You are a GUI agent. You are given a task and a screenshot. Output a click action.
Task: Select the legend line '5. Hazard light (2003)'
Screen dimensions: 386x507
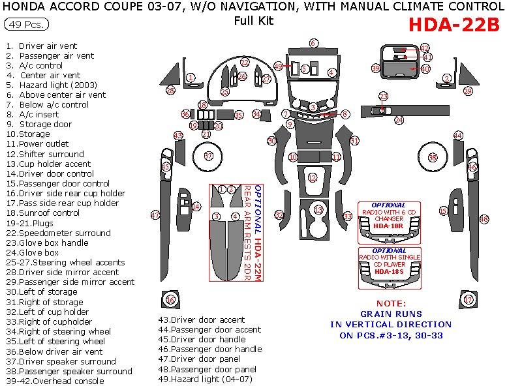[52, 85]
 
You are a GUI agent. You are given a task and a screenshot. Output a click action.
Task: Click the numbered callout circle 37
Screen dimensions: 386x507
[208, 156]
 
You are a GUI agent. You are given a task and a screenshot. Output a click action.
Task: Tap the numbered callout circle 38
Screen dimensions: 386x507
[432, 157]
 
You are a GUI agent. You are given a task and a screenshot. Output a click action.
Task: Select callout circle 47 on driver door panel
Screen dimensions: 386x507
[155, 215]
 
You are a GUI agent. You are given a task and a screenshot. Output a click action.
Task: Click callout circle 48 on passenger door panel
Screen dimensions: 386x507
[484, 219]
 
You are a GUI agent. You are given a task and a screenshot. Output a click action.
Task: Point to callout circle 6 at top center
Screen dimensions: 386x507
[313, 43]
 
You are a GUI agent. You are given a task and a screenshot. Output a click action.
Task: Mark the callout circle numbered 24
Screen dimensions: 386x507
[399, 120]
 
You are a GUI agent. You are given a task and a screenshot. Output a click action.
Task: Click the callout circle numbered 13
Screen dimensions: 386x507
[318, 209]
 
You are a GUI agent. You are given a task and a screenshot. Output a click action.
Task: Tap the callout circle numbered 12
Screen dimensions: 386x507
[313, 177]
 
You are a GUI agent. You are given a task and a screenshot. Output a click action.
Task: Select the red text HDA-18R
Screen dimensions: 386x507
[388, 226]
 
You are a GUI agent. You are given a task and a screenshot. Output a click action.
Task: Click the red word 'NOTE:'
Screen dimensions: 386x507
[391, 303]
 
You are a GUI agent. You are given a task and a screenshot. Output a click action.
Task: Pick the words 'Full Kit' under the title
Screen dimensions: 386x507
[254, 20]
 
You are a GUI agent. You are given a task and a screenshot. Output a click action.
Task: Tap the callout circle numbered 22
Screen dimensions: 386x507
[245, 63]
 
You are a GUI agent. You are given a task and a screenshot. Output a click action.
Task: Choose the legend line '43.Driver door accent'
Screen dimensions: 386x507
[202, 319]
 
